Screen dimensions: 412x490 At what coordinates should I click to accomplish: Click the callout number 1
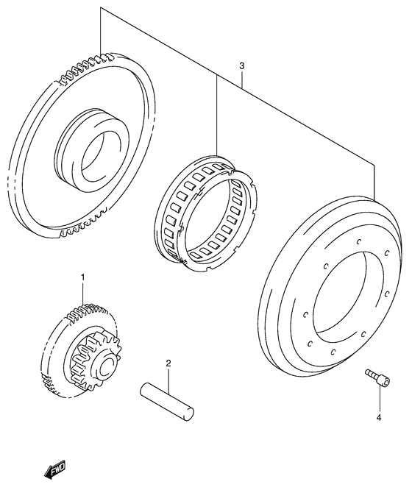83,277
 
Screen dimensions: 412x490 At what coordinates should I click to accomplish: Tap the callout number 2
168,363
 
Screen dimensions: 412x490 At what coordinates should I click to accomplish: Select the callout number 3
241,66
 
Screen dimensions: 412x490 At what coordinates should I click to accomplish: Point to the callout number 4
379,417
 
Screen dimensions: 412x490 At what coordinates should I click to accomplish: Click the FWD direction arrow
54,469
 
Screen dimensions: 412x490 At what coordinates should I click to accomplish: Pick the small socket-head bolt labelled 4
377,377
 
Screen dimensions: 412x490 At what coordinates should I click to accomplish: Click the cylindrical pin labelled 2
167,401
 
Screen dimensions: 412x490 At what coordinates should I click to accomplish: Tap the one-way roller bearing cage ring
205,213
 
